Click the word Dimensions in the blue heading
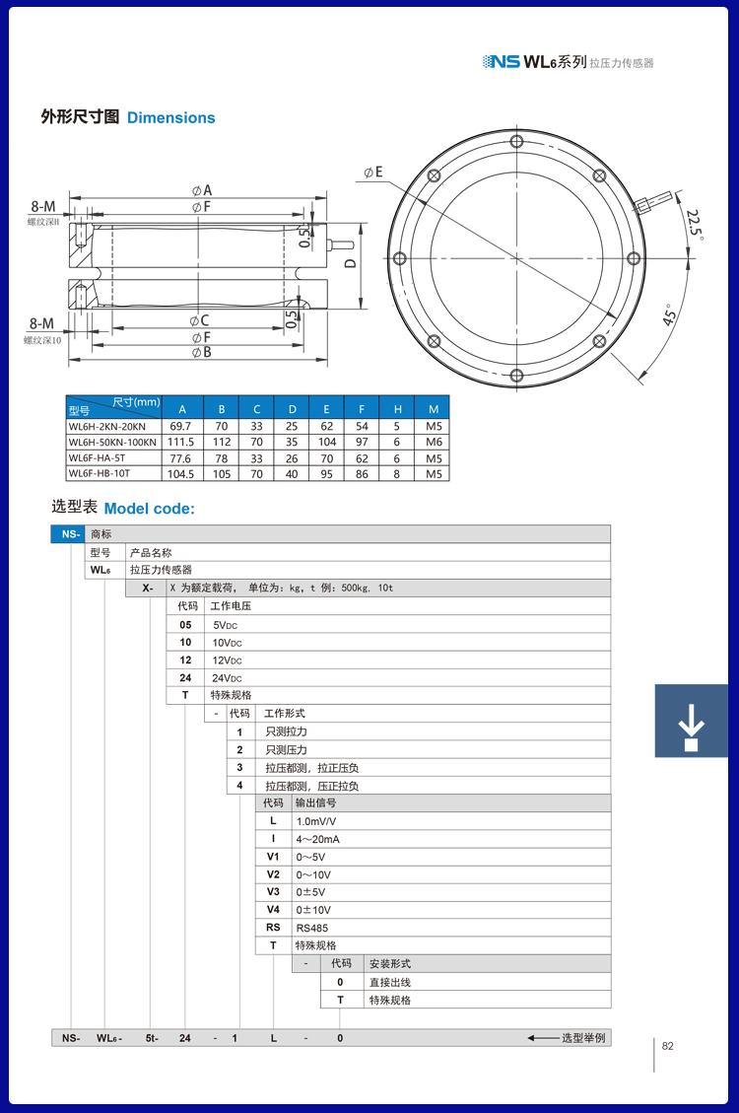(170, 118)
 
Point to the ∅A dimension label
(202, 189)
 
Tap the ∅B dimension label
(201, 352)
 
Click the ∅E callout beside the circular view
(372, 173)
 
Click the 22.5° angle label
(695, 224)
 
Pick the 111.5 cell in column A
(180, 443)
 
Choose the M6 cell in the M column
(434, 443)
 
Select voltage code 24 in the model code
(185, 677)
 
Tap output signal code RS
(273, 928)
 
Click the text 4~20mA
(318, 839)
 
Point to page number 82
(668, 1047)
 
